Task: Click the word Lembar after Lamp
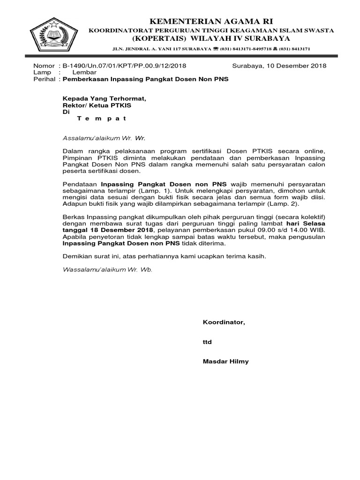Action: click(84, 73)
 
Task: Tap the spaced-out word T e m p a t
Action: click(102, 118)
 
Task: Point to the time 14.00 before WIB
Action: click(291, 231)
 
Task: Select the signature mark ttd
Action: click(207, 342)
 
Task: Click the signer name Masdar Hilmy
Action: click(226, 361)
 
